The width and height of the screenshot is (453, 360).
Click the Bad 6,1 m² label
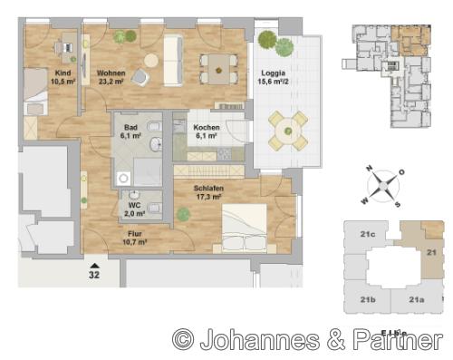(130, 132)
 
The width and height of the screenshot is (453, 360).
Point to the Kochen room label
(207, 132)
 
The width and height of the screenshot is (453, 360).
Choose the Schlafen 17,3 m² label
(209, 192)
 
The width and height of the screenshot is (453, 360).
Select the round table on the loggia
(287, 130)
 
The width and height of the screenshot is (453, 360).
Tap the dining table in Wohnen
(217, 65)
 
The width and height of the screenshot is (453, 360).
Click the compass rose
(385, 186)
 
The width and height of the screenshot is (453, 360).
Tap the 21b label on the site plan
(368, 299)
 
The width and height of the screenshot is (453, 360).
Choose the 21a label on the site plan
(416, 299)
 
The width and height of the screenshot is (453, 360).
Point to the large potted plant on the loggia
(268, 41)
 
